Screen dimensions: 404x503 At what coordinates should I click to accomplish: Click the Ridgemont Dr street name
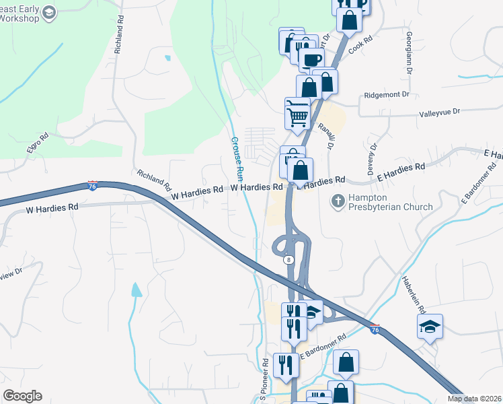click(387, 95)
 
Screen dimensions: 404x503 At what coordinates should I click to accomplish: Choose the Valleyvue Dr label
click(440, 111)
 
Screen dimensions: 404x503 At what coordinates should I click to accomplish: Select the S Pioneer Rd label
click(264, 377)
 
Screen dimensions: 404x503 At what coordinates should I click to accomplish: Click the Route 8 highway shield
click(288, 259)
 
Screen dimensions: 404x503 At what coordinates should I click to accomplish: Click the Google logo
click(22, 396)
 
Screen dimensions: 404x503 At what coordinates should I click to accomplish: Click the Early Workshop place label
click(20, 13)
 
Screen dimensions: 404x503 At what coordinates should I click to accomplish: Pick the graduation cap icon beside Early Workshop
click(49, 13)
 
